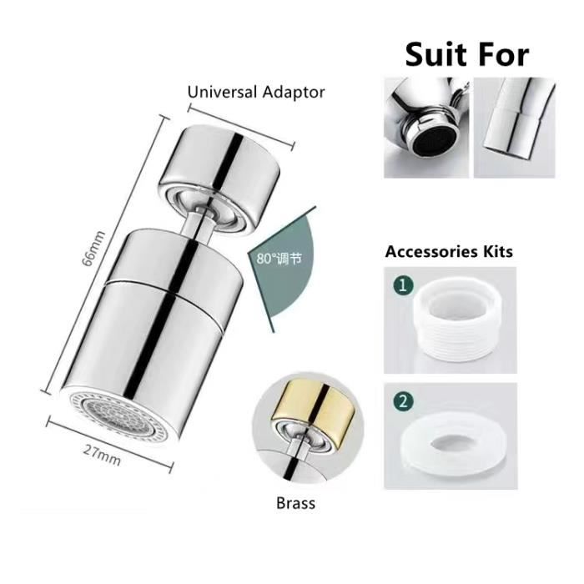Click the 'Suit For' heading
tap(467, 55)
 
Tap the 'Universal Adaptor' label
tap(256, 93)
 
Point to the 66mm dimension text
tap(93, 249)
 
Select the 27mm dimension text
tap(102, 456)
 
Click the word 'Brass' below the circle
tap(295, 503)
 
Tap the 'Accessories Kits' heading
tap(449, 251)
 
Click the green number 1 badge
tap(403, 285)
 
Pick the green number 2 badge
tap(403, 402)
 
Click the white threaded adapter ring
tap(457, 320)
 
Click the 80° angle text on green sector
tap(279, 258)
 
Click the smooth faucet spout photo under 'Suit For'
tap(515, 128)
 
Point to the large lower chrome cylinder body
tap(153, 335)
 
